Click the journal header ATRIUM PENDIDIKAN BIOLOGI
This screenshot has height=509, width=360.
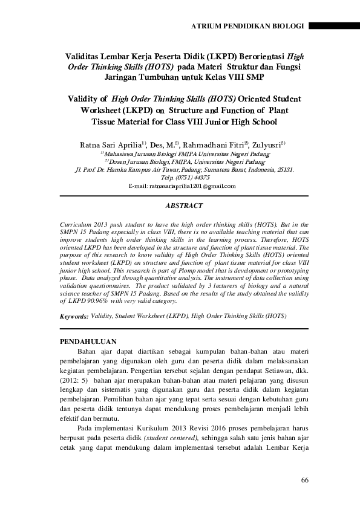249,27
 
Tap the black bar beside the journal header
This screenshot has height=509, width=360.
334,27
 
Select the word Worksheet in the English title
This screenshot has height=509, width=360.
103,111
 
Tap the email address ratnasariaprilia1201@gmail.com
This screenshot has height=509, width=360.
182,186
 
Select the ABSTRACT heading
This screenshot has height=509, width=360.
183,206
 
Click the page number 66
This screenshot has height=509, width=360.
304,480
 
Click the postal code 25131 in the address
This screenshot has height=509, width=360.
284,170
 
